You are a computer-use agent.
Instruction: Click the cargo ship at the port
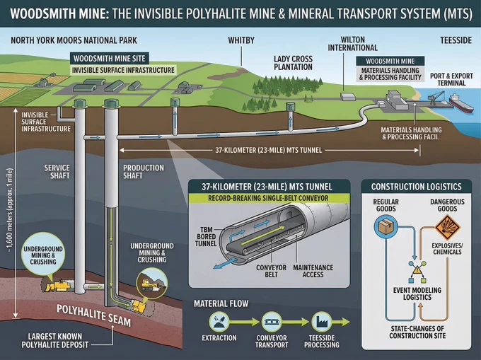tap(460, 103)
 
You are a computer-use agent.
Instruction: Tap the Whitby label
tap(241, 40)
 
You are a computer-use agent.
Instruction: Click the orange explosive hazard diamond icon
tap(448, 228)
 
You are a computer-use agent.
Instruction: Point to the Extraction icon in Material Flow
tap(219, 322)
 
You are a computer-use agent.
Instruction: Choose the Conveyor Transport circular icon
tap(272, 322)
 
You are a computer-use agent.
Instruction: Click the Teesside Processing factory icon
tap(321, 322)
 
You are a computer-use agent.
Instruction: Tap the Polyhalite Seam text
tap(94, 315)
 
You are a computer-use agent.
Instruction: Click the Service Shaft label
tap(57, 172)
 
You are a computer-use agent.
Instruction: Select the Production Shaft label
tap(144, 172)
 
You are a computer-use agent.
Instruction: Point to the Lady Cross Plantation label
tap(293, 63)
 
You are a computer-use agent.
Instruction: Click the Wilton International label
tap(352, 44)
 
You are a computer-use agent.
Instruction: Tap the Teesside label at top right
tap(456, 40)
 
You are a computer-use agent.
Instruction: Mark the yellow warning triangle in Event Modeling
tap(417, 270)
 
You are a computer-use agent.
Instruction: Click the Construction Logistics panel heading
tap(416, 187)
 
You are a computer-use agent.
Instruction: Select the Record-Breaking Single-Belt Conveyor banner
tap(268, 198)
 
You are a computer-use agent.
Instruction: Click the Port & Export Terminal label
tap(451, 79)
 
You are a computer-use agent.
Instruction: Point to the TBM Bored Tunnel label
tap(206, 237)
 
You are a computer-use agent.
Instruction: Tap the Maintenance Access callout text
tap(313, 271)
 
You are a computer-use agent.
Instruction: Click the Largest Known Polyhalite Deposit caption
tap(55, 340)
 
